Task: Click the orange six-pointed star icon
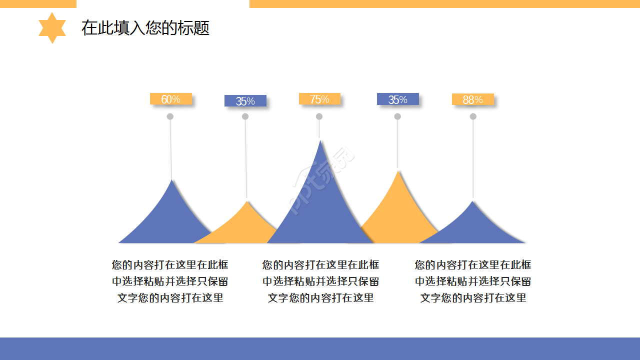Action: click(52, 28)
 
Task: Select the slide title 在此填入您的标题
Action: click(145, 28)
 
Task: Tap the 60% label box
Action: click(170, 99)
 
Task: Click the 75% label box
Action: click(319, 99)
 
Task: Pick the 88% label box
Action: click(472, 99)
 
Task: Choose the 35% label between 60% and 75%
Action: click(245, 101)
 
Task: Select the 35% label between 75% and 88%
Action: click(397, 99)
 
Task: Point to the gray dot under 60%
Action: click(170, 116)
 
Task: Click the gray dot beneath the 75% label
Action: click(319, 116)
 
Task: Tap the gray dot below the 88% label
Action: click(473, 116)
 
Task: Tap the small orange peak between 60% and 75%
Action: click(245, 225)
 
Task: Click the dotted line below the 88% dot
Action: click(473, 160)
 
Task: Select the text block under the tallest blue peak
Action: click(320, 281)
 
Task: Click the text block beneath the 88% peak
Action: click(473, 281)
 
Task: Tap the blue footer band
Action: click(320, 348)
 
